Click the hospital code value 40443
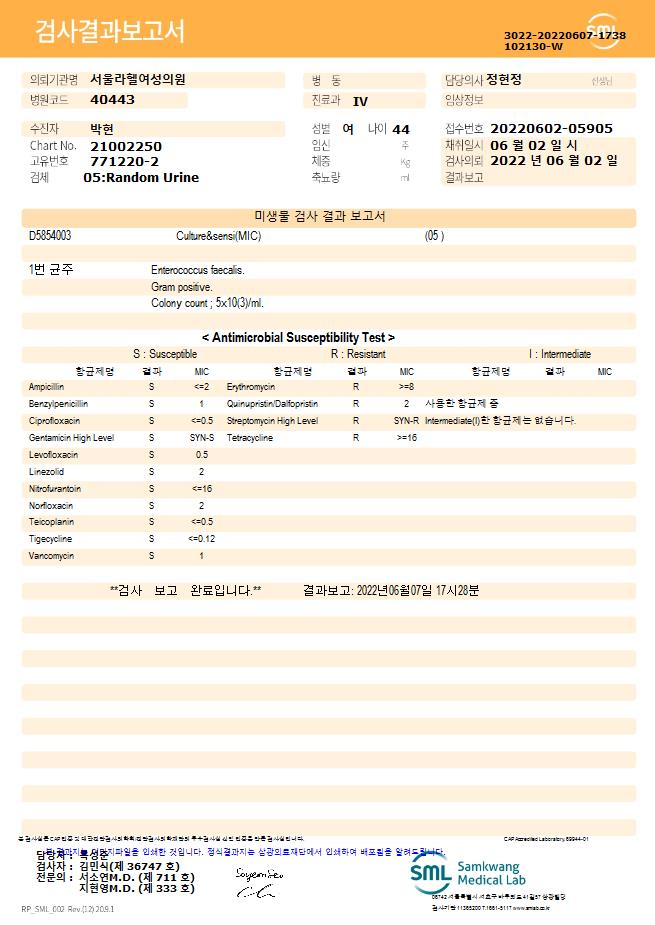click(112, 100)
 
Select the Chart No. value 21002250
click(125, 146)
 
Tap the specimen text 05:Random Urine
click(141, 178)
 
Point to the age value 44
click(401, 129)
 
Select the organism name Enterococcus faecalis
click(198, 270)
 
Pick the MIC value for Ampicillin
click(201, 386)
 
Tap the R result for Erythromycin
click(355, 386)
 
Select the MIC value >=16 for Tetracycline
click(406, 438)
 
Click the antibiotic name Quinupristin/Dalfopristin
click(272, 404)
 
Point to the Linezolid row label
click(46, 471)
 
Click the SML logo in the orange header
click(602, 30)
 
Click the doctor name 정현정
click(510, 79)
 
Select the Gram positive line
click(182, 287)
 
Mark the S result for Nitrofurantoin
click(152, 488)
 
